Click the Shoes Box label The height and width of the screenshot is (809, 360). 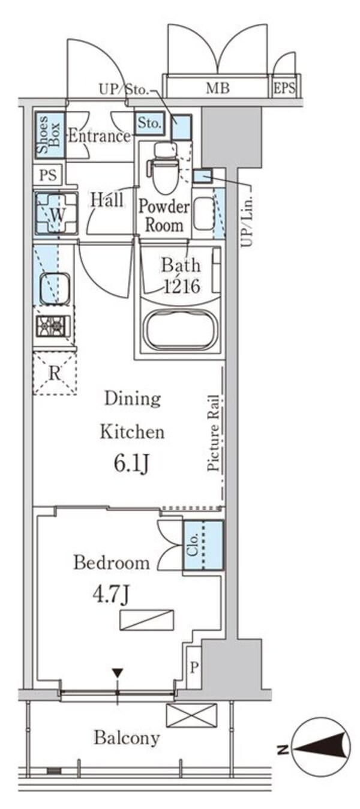coord(49,135)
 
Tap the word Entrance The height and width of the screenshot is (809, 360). coord(99,136)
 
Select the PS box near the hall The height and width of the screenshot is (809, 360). coord(48,175)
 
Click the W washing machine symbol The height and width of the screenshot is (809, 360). coord(56,214)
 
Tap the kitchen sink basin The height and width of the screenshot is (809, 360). coord(55,289)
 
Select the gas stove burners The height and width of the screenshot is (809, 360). coord(53,326)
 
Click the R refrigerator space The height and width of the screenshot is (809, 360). coord(55,373)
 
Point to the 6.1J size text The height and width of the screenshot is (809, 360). coord(131,463)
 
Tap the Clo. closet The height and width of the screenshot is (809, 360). coord(203,545)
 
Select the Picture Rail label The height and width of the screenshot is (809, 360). coord(214,433)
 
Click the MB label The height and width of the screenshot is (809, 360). coord(218,88)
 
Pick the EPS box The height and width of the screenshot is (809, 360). coord(284,88)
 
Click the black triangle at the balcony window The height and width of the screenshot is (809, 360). coord(118,673)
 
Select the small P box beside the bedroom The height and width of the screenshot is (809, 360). coord(194,667)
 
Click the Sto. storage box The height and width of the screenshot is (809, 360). coord(150,124)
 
